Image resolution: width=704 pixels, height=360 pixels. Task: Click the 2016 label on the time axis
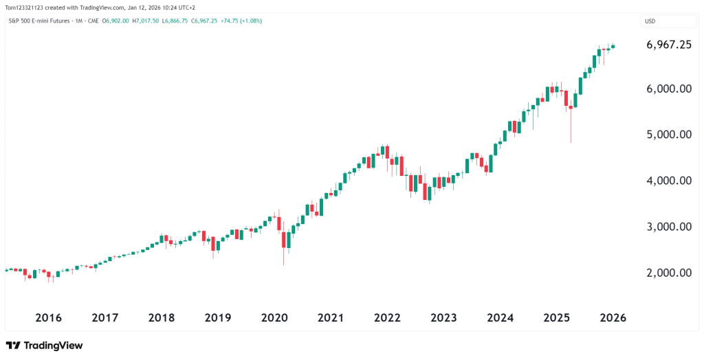click(48, 318)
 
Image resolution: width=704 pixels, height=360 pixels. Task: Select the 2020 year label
click(274, 318)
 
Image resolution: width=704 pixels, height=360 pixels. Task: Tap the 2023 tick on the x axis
click(443, 318)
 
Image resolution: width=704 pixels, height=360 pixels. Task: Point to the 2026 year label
click(613, 318)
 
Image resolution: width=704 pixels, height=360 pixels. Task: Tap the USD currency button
click(650, 21)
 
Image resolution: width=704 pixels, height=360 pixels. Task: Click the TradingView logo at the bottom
click(44, 345)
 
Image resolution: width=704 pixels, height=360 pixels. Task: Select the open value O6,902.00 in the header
click(116, 21)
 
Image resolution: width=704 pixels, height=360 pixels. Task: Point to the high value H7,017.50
click(146, 21)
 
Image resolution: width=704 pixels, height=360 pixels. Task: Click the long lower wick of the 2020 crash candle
click(283, 256)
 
